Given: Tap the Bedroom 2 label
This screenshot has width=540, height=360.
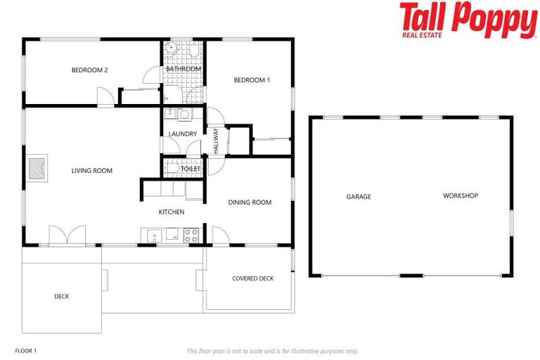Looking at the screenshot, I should click(x=89, y=70).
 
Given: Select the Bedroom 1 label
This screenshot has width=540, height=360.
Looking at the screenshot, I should click(x=252, y=80).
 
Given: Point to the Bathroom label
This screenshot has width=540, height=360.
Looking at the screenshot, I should click(x=184, y=69).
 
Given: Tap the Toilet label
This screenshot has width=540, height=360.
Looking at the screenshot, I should click(x=191, y=169).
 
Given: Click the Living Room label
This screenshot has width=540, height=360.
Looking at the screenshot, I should click(x=91, y=170).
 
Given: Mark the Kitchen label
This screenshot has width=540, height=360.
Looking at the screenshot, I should click(x=172, y=212).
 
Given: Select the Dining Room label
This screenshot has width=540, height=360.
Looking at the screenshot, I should click(x=250, y=202).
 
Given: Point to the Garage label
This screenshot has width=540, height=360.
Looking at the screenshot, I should click(x=359, y=197).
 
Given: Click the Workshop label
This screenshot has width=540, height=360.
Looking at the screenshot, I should click(x=461, y=195).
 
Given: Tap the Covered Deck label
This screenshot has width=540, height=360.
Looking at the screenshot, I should click(x=252, y=278).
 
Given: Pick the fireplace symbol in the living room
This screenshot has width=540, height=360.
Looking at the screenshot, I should click(x=39, y=168).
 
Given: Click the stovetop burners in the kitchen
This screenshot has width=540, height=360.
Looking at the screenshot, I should click(x=191, y=236).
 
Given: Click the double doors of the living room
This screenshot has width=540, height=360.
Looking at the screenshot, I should click(x=67, y=236).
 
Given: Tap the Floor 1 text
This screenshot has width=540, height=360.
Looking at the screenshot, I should click(x=25, y=350).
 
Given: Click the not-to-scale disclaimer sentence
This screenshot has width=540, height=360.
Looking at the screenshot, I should click(x=272, y=351).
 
